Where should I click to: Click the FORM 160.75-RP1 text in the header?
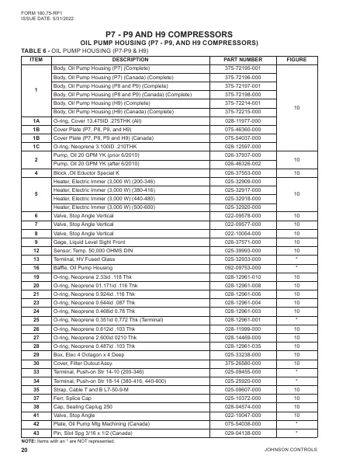click(33, 9)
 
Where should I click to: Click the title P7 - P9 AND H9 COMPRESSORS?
click(179, 35)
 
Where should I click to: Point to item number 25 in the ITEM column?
click(36, 318)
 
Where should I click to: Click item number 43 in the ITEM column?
click(36, 430)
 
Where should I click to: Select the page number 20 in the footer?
click(25, 450)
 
